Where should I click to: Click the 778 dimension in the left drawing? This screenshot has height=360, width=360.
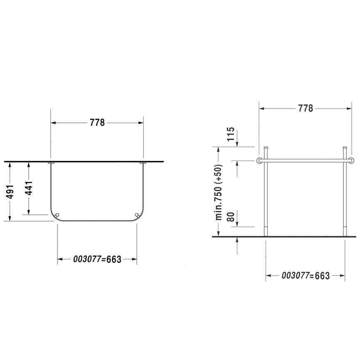(97, 123)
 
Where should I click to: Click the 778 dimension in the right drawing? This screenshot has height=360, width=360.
(305, 108)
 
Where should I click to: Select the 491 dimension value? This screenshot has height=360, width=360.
(10, 192)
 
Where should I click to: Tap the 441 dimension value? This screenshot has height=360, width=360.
(29, 188)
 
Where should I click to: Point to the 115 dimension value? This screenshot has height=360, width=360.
(231, 134)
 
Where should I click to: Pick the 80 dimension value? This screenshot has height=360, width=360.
(231, 217)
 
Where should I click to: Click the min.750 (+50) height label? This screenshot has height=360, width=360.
(218, 192)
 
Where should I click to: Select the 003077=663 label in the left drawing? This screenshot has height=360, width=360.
(97, 259)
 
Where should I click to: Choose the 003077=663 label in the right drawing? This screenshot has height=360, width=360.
(305, 276)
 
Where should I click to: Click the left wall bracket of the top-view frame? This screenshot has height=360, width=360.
(51, 163)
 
